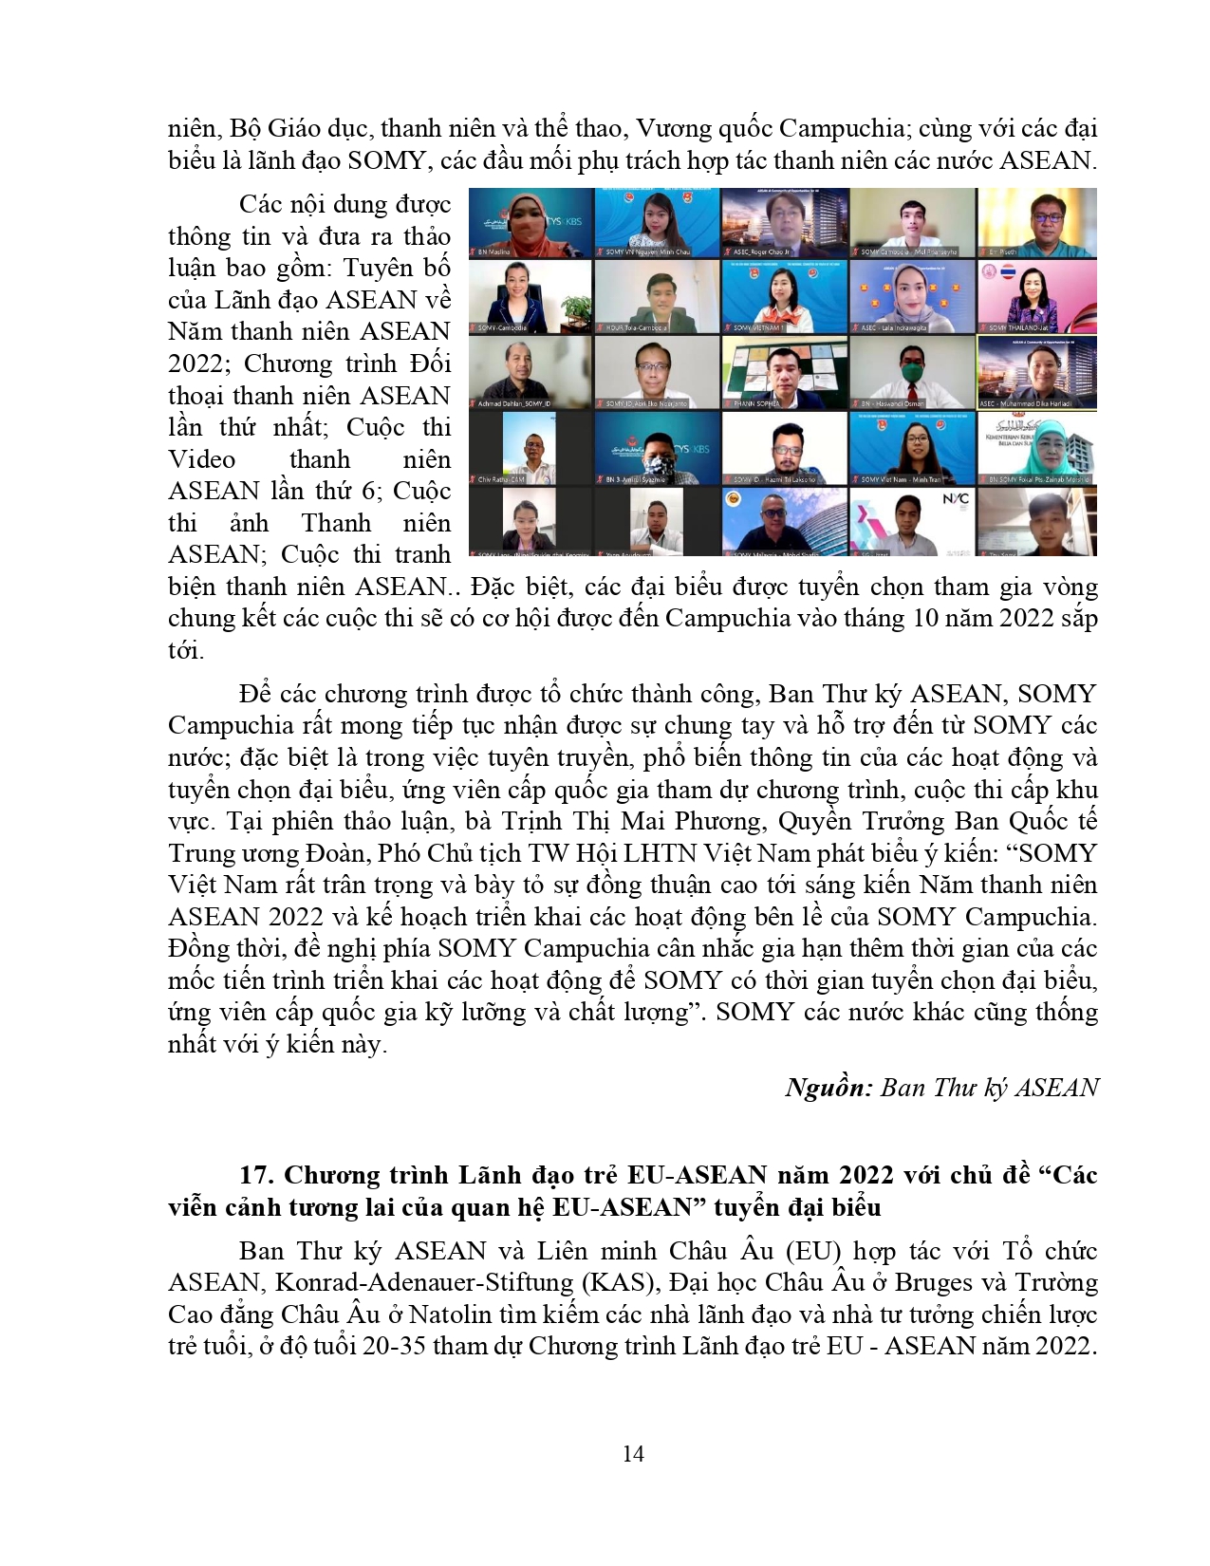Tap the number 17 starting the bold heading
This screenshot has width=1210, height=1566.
pyautogui.click(x=255, y=1176)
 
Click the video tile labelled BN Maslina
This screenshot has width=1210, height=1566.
pyautogui.click(x=531, y=223)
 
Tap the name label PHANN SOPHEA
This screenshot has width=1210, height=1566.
pyautogui.click(x=758, y=403)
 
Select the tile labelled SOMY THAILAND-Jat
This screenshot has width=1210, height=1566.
pyautogui.click(x=1037, y=296)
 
